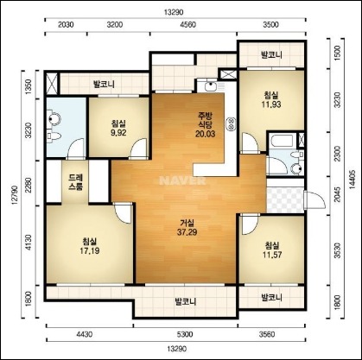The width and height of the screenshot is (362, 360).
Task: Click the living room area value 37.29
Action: (x=187, y=232)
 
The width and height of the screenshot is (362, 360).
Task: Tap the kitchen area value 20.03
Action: (x=205, y=134)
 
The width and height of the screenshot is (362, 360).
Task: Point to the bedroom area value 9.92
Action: (x=118, y=132)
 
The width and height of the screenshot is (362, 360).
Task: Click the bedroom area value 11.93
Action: (x=271, y=104)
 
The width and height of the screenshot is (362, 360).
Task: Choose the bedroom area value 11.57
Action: (x=272, y=255)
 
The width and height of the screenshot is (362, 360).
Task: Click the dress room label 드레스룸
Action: (x=75, y=182)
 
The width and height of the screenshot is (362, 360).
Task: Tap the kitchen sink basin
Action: (x=212, y=85)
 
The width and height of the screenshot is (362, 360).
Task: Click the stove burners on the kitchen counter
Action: (x=232, y=124)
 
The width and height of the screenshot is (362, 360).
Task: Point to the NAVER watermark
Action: (x=182, y=180)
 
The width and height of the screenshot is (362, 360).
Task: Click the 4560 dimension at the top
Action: (x=187, y=25)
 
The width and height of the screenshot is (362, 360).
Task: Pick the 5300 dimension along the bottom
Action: (x=186, y=334)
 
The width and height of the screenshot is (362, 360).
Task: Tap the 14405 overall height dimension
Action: (x=352, y=179)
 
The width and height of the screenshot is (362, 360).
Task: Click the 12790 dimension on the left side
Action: (x=15, y=195)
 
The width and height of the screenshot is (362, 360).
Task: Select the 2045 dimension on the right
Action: (x=338, y=195)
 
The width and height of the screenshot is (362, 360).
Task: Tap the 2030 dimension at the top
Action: (x=66, y=25)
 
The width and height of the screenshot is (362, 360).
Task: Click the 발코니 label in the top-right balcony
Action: (x=271, y=54)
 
